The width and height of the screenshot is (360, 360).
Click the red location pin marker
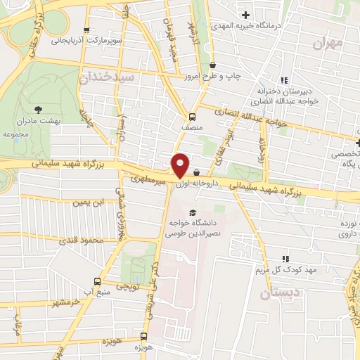pos(180,164)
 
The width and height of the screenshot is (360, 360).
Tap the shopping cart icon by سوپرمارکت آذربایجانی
pos(86,30)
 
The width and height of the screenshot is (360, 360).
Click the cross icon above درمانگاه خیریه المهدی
pos(245,15)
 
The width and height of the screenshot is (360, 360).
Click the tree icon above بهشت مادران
pos(37,108)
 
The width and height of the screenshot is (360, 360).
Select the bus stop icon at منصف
pos(192,117)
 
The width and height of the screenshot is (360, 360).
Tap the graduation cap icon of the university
pos(193,212)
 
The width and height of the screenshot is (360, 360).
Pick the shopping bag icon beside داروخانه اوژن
pos(196,172)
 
